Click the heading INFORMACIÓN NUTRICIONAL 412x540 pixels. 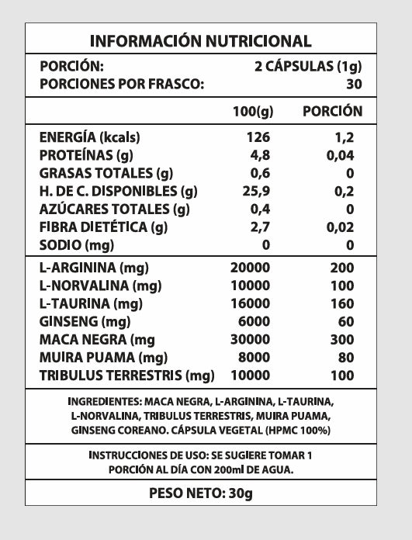pos(201,41)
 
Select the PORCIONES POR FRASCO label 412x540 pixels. pos(122,85)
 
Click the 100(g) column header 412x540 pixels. pos(253,112)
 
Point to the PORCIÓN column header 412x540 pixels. pos(332,111)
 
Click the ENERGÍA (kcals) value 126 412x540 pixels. pos(259,137)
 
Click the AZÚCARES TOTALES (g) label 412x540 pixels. pos(114,209)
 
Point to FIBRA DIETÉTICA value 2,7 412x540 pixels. pos(259,227)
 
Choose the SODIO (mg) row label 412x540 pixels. pos(77,245)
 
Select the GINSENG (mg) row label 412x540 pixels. pos(84,321)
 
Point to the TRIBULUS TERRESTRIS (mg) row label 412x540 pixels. pos(126,376)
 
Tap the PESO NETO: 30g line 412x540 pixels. pos(201,493)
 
